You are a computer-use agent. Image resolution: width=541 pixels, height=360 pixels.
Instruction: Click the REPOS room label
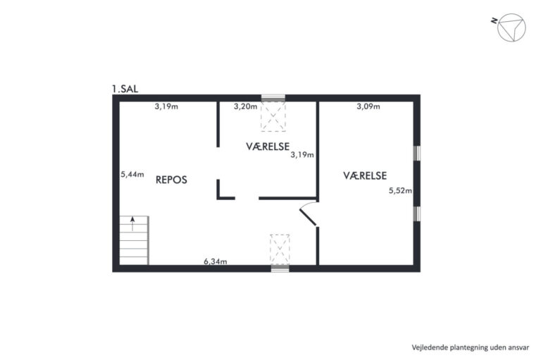click(171, 180)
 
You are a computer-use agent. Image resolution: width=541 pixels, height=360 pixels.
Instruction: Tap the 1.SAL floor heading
click(125, 89)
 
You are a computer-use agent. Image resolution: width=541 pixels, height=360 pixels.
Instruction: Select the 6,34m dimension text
click(216, 261)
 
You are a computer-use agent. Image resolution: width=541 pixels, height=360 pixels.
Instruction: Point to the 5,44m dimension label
click(132, 174)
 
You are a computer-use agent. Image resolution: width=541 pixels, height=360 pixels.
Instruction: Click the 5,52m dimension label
click(400, 190)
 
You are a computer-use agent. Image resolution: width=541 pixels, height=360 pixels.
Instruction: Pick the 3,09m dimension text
click(368, 106)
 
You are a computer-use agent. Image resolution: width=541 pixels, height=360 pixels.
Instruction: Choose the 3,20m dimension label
click(245, 106)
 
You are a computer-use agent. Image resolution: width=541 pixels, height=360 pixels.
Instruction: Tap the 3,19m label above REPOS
click(166, 106)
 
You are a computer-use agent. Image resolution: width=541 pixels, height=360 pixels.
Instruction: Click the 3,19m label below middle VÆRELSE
click(302, 155)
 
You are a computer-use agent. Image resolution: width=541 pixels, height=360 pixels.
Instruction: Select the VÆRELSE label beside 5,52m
click(365, 175)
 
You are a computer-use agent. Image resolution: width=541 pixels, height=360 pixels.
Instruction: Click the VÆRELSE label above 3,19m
click(268, 147)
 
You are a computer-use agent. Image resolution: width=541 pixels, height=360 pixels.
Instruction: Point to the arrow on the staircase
click(132, 223)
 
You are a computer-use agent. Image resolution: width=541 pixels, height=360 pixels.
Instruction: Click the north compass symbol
click(511, 27)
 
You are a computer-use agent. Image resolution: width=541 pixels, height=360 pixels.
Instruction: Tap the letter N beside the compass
click(494, 20)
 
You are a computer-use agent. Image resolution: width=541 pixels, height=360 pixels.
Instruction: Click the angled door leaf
click(308, 218)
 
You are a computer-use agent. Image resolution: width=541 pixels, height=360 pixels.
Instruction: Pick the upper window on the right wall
click(417, 154)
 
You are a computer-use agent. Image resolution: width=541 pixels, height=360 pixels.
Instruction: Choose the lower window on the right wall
click(417, 213)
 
